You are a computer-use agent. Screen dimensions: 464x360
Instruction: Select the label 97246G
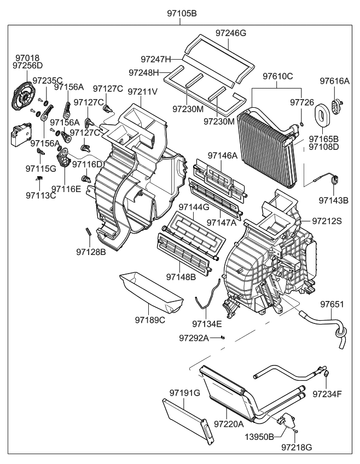tap(230, 33)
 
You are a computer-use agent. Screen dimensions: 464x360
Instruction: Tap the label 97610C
tap(278, 76)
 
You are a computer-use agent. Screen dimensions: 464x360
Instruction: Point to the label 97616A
tap(334, 81)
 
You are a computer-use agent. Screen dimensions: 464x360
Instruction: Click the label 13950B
tap(259, 438)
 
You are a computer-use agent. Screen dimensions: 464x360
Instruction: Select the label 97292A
tap(194, 338)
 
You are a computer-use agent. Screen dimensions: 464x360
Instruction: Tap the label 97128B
tap(91, 252)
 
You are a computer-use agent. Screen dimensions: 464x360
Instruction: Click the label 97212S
tap(327, 221)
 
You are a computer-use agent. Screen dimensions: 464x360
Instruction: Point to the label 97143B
tap(334, 200)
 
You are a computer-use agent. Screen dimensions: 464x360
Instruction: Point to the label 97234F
tap(327, 393)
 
